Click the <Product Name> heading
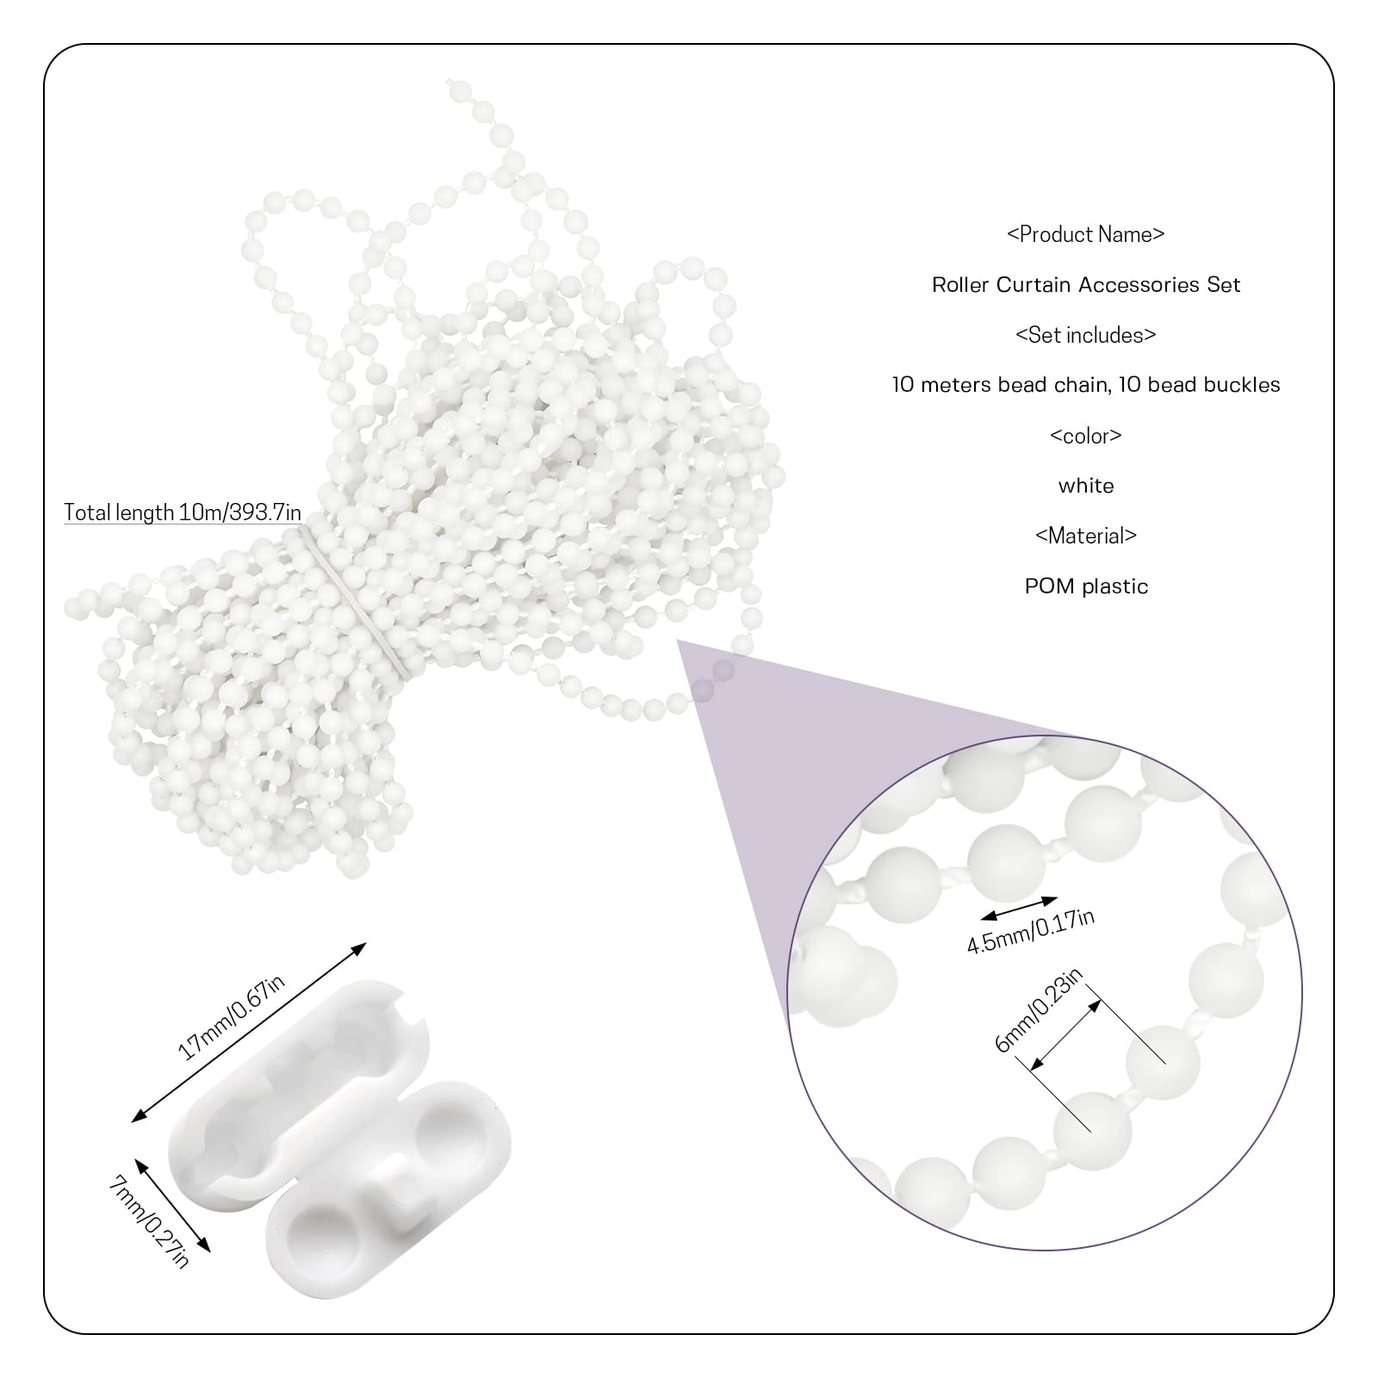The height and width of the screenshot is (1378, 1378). click(1085, 234)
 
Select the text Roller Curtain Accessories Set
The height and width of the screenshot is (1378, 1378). click(1085, 284)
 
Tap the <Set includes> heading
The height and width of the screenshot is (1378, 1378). click(1085, 334)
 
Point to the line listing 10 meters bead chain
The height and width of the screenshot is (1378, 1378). click(1085, 384)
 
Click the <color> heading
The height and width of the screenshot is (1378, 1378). click(1085, 435)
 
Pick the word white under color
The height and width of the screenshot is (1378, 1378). click(1085, 486)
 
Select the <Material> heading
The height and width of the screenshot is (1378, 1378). click(1085, 536)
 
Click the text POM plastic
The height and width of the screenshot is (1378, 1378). click(1085, 586)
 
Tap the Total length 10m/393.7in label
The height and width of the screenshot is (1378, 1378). click(183, 512)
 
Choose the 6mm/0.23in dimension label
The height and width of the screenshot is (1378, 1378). click(1038, 1010)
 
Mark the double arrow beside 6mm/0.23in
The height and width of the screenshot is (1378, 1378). click(1066, 1033)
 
